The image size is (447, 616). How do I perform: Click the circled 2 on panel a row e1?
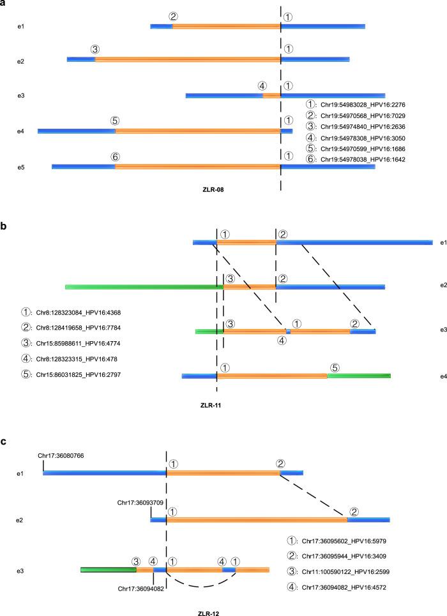coord(173,17)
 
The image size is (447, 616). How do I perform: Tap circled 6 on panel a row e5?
coord(115,156)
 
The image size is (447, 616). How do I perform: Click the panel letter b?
coord(4,225)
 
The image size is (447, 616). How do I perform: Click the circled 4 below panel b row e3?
coord(282,340)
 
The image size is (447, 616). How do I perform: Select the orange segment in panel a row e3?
coord(271,96)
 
